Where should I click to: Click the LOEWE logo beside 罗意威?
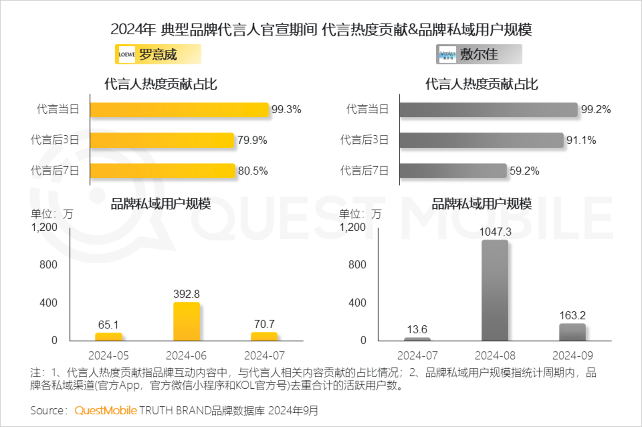click(x=127, y=54)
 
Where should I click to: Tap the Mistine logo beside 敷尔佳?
click(x=447, y=54)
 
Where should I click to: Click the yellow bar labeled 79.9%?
click(x=162, y=140)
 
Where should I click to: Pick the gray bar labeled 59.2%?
click(x=453, y=171)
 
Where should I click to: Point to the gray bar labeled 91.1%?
click(x=481, y=140)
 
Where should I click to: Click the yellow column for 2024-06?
click(x=186, y=322)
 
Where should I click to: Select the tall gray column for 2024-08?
click(x=495, y=290)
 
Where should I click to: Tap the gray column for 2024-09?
click(x=572, y=332)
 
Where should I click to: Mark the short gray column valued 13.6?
click(x=417, y=339)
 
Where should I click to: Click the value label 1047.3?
click(x=495, y=232)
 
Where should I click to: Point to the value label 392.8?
click(x=186, y=294)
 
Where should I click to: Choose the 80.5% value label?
click(x=253, y=171)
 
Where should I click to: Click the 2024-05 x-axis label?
click(x=108, y=356)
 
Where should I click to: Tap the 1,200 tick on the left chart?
click(x=45, y=227)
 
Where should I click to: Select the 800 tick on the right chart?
click(x=357, y=265)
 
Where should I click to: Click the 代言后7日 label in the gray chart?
click(x=364, y=171)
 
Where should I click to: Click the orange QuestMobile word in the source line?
click(x=106, y=410)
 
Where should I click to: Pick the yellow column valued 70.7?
click(x=264, y=336)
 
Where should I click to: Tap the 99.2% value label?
click(x=596, y=110)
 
